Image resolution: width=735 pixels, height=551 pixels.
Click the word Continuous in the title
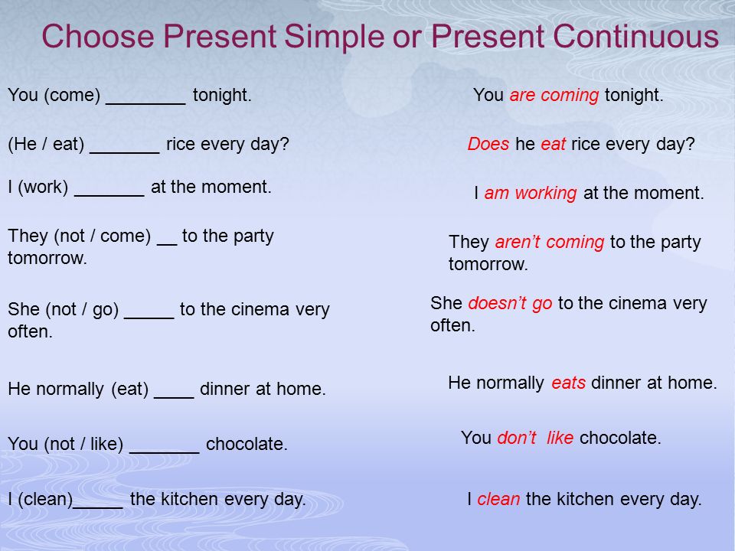pyautogui.click(x=635, y=36)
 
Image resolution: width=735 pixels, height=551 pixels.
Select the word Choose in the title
pyautogui.click(x=98, y=36)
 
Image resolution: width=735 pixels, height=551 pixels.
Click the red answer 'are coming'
pyautogui.click(x=554, y=95)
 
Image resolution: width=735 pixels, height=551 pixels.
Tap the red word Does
pyautogui.click(x=488, y=144)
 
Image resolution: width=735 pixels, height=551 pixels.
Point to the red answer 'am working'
pyautogui.click(x=530, y=193)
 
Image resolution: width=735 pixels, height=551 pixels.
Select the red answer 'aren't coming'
pyautogui.click(x=550, y=243)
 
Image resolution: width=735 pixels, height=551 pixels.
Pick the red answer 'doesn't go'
pyautogui.click(x=510, y=304)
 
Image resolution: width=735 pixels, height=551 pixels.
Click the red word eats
pyautogui.click(x=568, y=383)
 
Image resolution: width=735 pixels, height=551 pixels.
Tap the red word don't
pyautogui.click(x=517, y=438)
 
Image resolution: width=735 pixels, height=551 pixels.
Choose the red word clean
pyautogui.click(x=498, y=499)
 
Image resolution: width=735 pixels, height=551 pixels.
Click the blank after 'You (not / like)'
pyautogui.click(x=164, y=452)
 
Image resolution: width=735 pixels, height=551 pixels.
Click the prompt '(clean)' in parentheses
pyautogui.click(x=45, y=499)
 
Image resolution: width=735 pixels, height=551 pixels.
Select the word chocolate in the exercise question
pyautogui.click(x=247, y=444)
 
